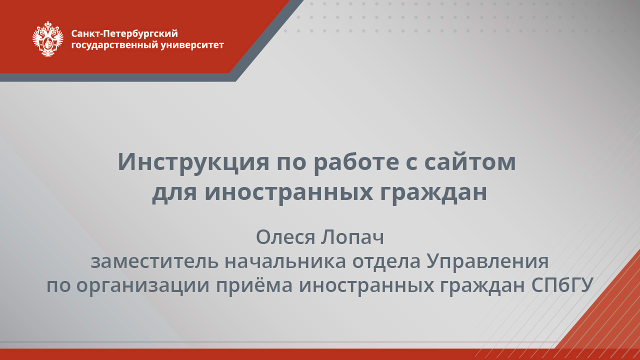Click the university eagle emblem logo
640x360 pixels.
coord(48,39)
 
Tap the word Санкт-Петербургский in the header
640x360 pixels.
coord(124,34)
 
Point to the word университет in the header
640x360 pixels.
coord(193,45)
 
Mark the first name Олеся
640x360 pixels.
coord(284,237)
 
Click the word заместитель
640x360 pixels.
coord(154,261)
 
